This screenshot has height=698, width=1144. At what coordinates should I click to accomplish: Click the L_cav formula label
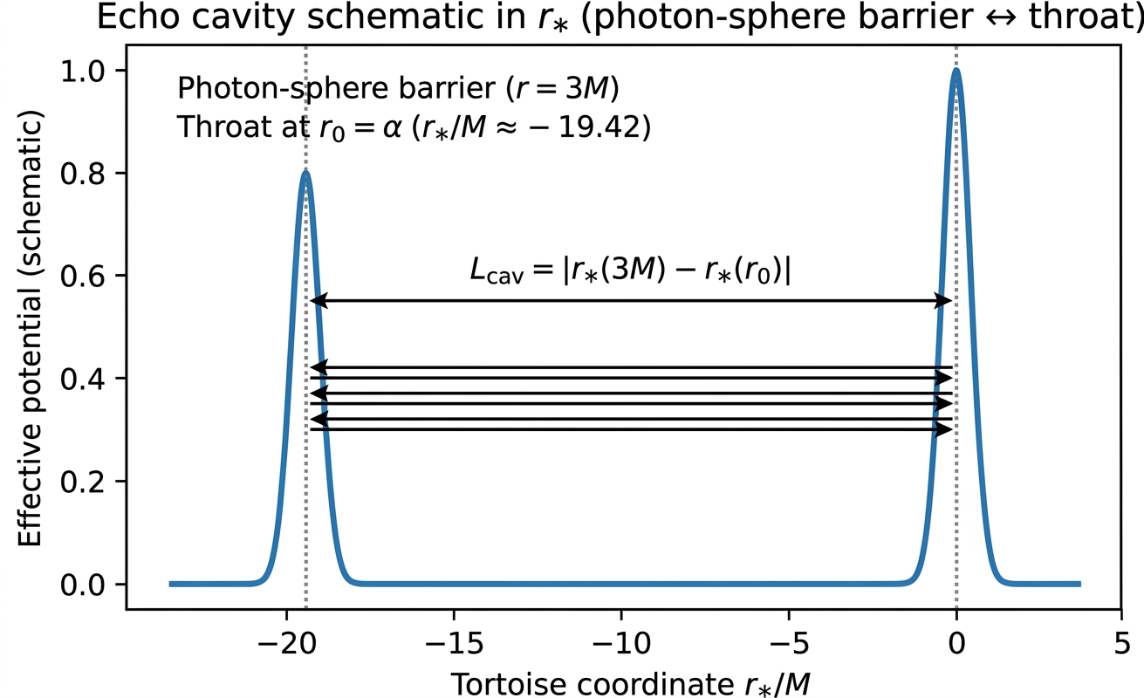click(x=630, y=271)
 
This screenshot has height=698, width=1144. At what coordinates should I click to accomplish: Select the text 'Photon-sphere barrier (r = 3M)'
click(x=398, y=88)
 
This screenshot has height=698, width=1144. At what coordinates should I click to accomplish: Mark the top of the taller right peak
click(x=956, y=71)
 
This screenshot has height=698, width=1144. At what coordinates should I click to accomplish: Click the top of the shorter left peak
click(x=305, y=174)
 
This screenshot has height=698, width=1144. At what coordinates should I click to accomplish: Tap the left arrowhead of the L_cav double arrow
click(x=316, y=301)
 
